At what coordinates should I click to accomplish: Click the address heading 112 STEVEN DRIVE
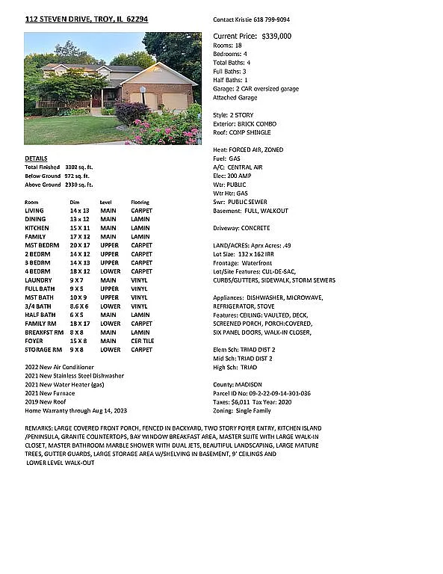(86, 19)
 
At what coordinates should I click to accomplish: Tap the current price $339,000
(276, 36)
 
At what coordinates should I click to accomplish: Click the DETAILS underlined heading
(36, 158)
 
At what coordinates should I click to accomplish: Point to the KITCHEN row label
(37, 228)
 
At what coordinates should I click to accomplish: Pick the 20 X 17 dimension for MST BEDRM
(79, 245)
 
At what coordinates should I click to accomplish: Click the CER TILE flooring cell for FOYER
(142, 341)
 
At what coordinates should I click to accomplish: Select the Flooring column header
(140, 203)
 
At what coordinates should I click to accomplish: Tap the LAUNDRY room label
(37, 280)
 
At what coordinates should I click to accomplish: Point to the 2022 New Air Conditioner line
(59, 367)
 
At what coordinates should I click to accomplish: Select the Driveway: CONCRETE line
(241, 228)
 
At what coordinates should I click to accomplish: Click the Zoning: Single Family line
(242, 410)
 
